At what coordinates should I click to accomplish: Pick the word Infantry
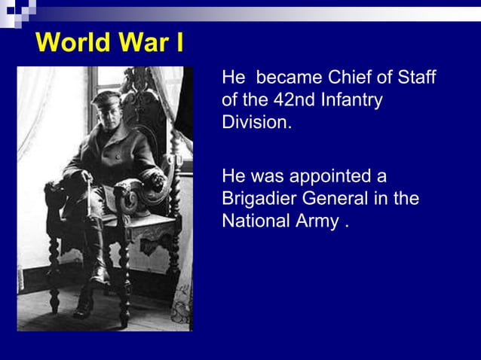[351, 100]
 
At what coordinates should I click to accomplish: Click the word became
[289, 78]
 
